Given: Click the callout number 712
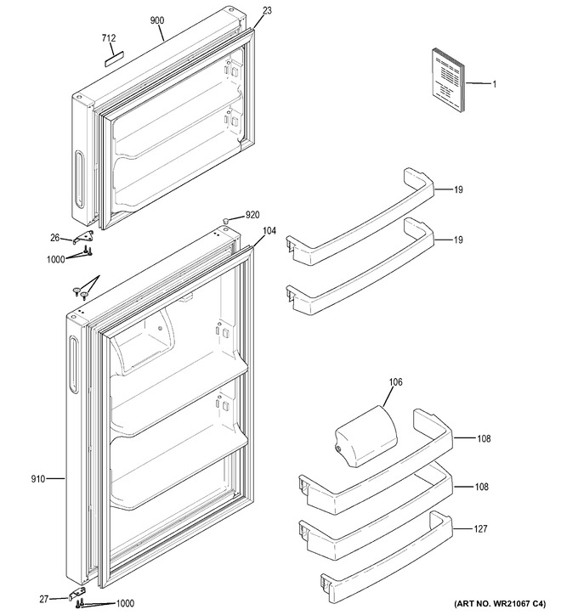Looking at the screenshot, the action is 109,38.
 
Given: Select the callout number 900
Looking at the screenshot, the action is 157,20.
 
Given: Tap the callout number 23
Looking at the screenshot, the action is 267,10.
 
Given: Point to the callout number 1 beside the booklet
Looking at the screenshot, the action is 495,84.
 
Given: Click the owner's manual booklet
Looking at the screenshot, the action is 449,80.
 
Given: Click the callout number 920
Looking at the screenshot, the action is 252,215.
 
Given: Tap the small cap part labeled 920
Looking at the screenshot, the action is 225,221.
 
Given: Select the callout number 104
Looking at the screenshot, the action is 269,231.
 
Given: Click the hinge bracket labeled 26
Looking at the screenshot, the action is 84,237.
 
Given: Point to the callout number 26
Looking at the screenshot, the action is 55,238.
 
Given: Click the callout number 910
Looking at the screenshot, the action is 38,478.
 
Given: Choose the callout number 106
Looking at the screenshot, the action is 395,381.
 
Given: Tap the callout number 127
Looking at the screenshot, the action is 480,528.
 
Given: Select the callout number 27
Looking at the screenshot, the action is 44,599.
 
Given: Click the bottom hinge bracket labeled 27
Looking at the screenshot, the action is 78,595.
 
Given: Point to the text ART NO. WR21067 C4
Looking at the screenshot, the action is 500,603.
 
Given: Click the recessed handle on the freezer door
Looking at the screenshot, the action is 79,179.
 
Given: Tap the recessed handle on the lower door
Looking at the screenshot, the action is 73,364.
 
